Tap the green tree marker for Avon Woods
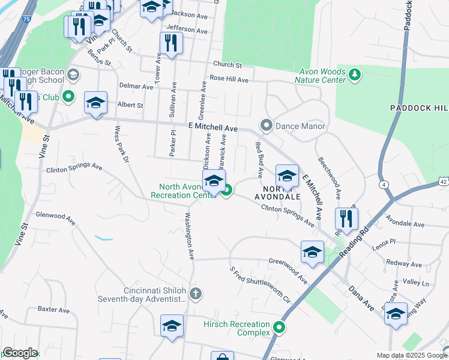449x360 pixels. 356,74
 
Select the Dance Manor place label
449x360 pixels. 300,126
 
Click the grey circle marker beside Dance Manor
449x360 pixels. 267,125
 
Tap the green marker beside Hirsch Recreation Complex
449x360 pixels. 279,327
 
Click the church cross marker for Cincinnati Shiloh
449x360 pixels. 194,294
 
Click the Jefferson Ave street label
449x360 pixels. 187,29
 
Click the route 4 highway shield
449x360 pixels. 383,185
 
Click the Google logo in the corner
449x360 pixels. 20,353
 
